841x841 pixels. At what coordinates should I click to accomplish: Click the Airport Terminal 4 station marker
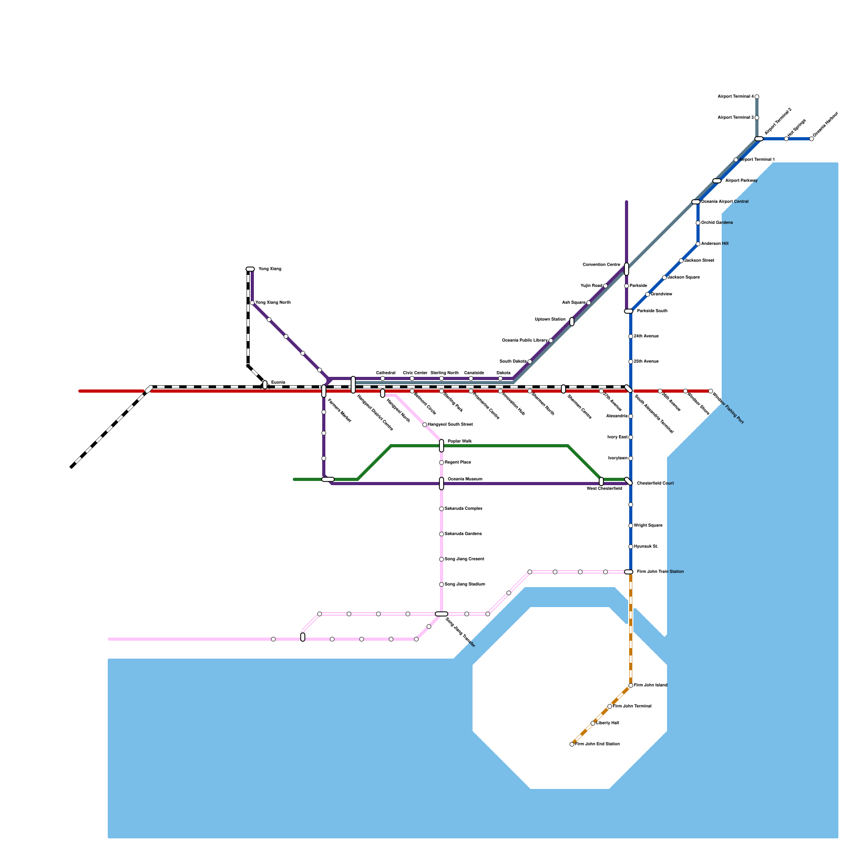(757, 97)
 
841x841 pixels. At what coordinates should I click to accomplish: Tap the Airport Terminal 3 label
(736, 118)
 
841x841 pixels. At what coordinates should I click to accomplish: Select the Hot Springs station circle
(786, 139)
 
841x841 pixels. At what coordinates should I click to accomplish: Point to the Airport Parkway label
(741, 181)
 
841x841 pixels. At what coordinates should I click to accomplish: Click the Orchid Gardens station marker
(698, 223)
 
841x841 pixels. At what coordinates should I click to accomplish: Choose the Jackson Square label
(683, 278)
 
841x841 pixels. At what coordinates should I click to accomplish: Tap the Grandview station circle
(648, 294)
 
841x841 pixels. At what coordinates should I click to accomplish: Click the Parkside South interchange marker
(629, 311)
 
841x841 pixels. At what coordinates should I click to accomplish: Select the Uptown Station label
(550, 320)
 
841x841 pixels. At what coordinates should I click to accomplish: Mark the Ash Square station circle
(589, 303)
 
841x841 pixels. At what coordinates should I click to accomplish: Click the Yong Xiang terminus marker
(250, 269)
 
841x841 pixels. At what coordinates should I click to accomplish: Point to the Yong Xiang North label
(273, 303)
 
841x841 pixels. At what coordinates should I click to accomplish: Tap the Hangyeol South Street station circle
(425, 425)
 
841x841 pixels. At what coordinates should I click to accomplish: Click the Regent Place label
(458, 463)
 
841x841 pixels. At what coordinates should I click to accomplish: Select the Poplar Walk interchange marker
(442, 446)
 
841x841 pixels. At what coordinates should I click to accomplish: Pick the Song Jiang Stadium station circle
(442, 584)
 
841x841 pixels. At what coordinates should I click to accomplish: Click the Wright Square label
(648, 526)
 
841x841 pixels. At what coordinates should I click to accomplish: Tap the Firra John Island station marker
(631, 685)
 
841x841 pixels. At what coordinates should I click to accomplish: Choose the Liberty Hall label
(608, 723)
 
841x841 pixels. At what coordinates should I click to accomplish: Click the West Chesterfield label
(604, 489)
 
